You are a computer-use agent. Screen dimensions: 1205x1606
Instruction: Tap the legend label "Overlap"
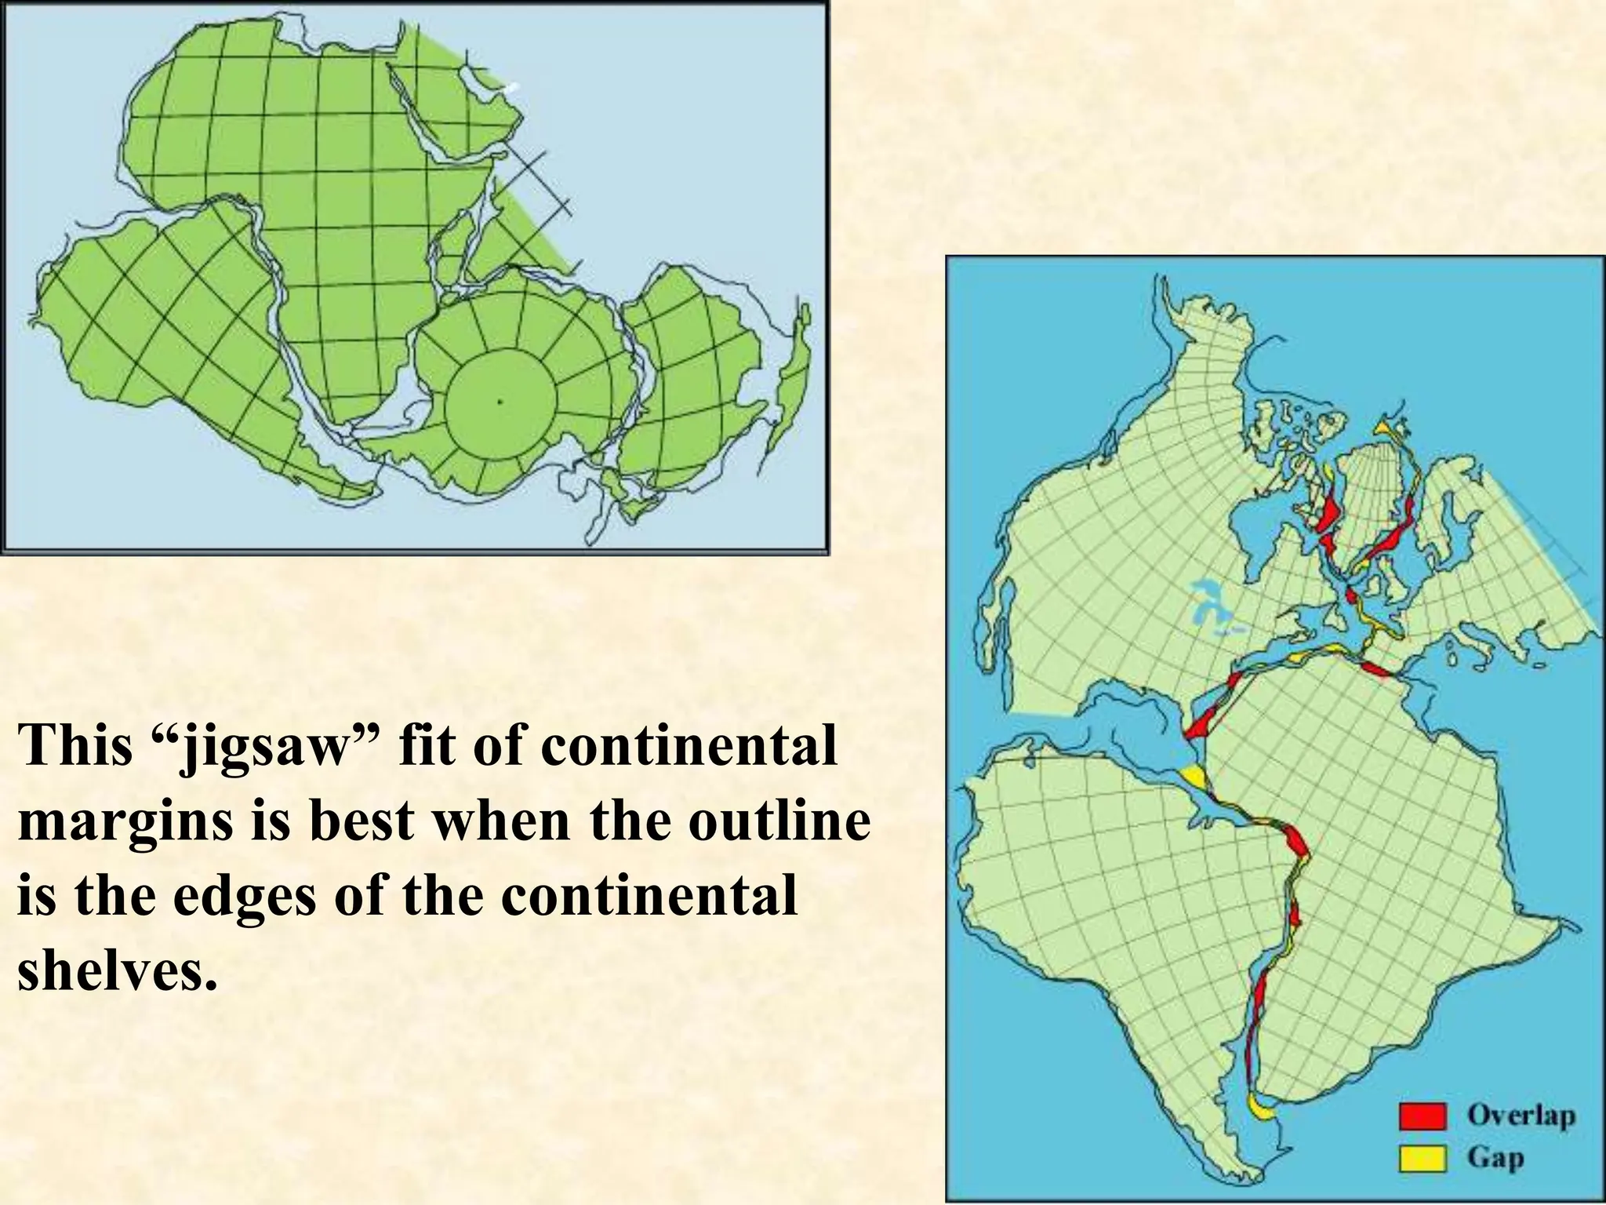tap(1521, 1114)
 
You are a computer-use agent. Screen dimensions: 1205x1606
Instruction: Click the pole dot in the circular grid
tap(500, 402)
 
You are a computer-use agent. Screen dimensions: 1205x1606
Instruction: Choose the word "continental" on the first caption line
tap(688, 746)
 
